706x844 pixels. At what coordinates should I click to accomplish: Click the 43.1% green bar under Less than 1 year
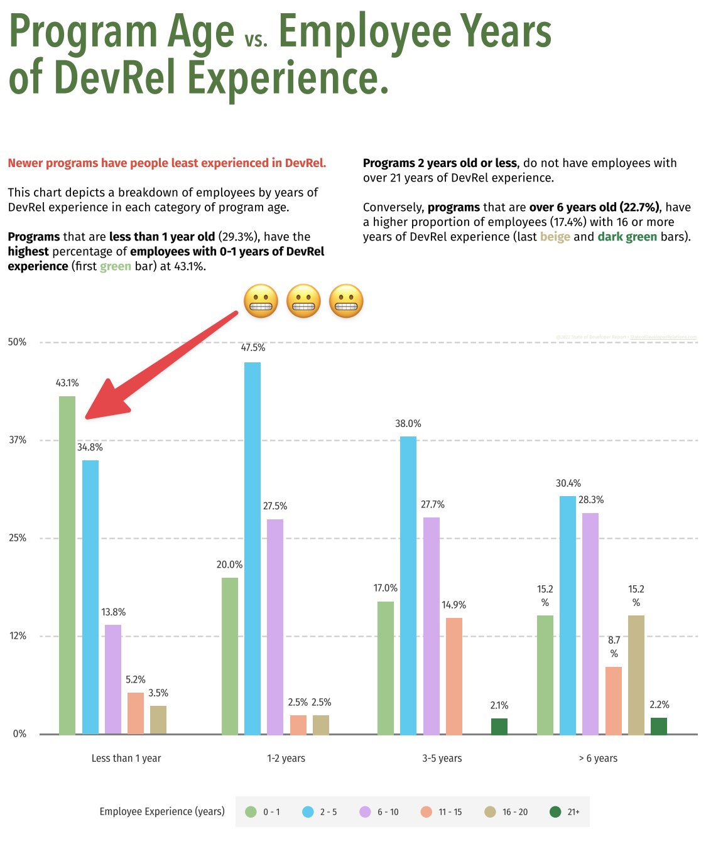pyautogui.click(x=67, y=565)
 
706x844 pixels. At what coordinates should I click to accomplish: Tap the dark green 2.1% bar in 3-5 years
pyautogui.click(x=499, y=727)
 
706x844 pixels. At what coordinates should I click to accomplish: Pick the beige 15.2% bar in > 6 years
pyautogui.click(x=636, y=675)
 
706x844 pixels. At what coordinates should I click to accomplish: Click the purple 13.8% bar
pyautogui.click(x=113, y=679)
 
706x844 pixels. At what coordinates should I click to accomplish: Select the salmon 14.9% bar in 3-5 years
pyautogui.click(x=454, y=676)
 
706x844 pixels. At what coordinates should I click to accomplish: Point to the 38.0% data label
pyautogui.click(x=408, y=424)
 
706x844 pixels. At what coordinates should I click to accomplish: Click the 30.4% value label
pyautogui.click(x=568, y=484)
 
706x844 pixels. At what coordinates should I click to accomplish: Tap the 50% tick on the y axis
pyautogui.click(x=17, y=342)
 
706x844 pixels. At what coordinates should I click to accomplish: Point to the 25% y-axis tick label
pyautogui.click(x=17, y=538)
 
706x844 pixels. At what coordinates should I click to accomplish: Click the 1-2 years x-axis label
pyautogui.click(x=286, y=759)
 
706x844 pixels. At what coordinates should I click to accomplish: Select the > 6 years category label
pyautogui.click(x=598, y=759)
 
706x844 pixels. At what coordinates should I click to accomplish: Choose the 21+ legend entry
pyautogui.click(x=565, y=812)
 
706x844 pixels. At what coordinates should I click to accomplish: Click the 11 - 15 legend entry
pyautogui.click(x=442, y=812)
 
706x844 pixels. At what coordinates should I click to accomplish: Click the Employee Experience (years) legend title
pyautogui.click(x=162, y=811)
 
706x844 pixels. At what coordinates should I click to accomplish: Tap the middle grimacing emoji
pyautogui.click(x=303, y=301)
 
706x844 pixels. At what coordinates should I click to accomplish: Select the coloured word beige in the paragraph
pyautogui.click(x=555, y=237)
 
